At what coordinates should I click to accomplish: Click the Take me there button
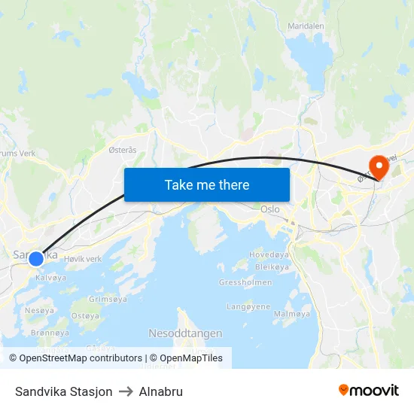click(207, 184)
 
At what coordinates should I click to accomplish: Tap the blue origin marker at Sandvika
click(36, 258)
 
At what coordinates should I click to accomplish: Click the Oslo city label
click(269, 209)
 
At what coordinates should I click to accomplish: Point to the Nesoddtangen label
click(185, 333)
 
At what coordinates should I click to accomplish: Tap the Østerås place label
click(123, 150)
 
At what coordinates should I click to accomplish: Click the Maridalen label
click(305, 26)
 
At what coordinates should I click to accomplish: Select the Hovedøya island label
click(269, 255)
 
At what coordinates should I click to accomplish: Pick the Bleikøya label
click(272, 267)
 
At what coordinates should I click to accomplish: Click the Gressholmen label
click(239, 282)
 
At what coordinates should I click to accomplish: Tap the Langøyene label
click(248, 306)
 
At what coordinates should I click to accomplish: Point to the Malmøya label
click(291, 314)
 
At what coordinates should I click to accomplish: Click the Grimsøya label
click(108, 299)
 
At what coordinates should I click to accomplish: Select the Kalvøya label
click(50, 278)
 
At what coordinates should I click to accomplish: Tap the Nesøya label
click(39, 310)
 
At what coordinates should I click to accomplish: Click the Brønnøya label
click(50, 333)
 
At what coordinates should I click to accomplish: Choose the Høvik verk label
click(83, 259)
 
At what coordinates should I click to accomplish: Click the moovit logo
click(368, 391)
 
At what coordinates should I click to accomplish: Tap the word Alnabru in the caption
click(160, 391)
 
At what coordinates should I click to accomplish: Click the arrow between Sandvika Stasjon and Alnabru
click(126, 391)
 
